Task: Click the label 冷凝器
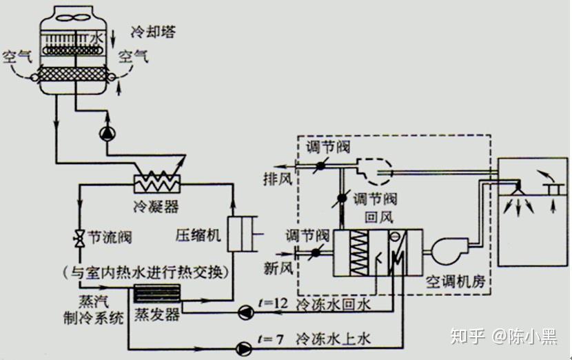[155, 206]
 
